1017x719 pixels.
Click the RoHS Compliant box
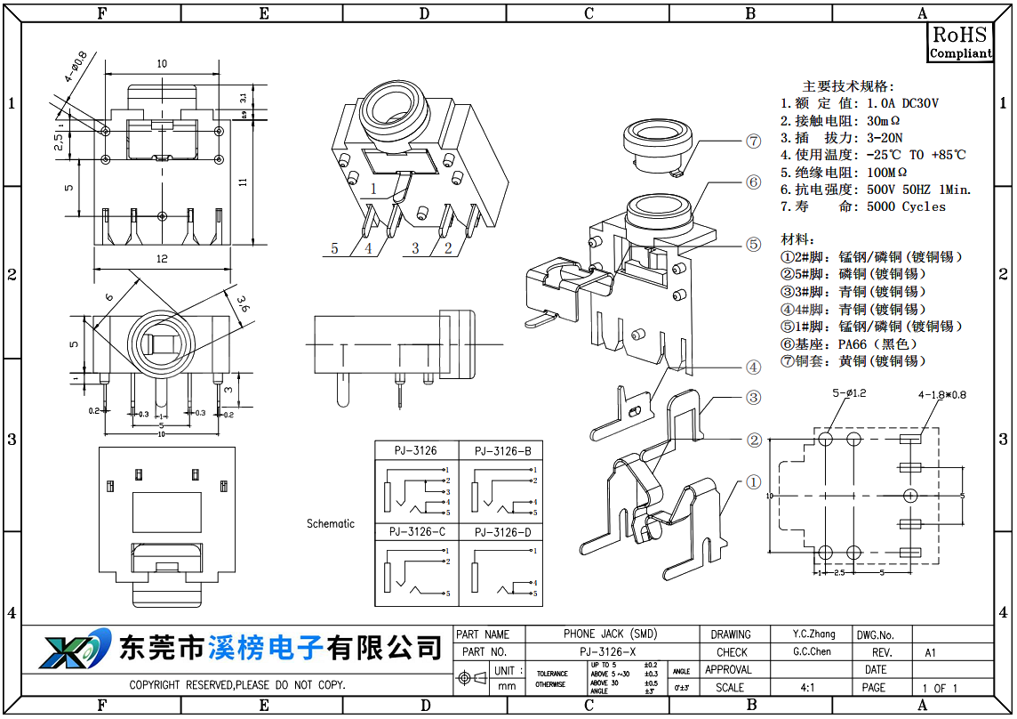pos(960,43)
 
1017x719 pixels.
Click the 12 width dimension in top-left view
pos(162,259)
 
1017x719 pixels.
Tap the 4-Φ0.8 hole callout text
pos(76,68)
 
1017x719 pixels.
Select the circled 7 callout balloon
pos(754,141)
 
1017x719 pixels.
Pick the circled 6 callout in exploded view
pos(754,182)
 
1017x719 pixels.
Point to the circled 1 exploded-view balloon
pos(754,482)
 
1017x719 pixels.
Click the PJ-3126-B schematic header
pos(502,451)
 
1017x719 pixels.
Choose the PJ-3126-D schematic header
pos(502,532)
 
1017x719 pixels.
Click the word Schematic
pos(331,523)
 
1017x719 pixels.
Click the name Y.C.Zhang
pos(814,634)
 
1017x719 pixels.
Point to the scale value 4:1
pos(807,688)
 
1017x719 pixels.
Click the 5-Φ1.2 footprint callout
pos(849,392)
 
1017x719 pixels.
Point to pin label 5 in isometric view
pos(335,248)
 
